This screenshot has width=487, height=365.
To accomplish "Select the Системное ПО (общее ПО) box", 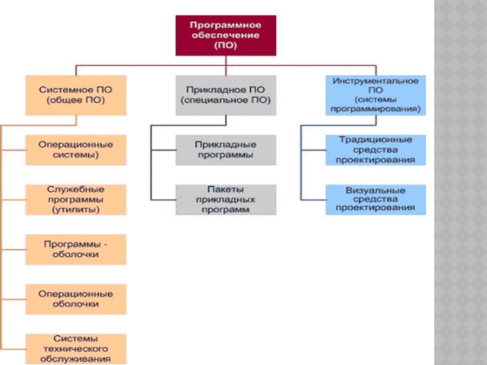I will pyautogui.click(x=75, y=94).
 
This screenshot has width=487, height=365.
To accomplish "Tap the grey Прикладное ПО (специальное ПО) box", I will pyautogui.click(x=226, y=94).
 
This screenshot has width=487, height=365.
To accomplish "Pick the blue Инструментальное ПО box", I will pyautogui.click(x=376, y=95).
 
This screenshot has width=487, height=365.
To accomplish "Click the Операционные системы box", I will pyautogui.click(x=75, y=150).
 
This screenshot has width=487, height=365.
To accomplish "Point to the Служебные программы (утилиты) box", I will pyautogui.click(x=75, y=200).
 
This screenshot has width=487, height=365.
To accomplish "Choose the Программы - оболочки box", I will pyautogui.click(x=75, y=249).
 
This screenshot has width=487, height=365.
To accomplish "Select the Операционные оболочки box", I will pyautogui.click(x=75, y=298).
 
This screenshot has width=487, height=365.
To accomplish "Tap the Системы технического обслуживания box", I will pyautogui.click(x=75, y=349).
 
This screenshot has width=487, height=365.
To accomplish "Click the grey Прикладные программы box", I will pyautogui.click(x=225, y=150).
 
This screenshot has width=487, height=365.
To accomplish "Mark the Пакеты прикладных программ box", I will pyautogui.click(x=225, y=200).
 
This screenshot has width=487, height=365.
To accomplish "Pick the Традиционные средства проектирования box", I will pyautogui.click(x=376, y=150).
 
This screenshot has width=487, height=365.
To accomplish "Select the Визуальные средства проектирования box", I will pyautogui.click(x=376, y=199).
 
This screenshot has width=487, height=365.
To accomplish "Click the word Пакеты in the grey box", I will pyautogui.click(x=225, y=190).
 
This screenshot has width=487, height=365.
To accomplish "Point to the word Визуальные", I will pyautogui.click(x=376, y=189).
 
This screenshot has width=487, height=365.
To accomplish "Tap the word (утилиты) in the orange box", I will pyautogui.click(x=75, y=209).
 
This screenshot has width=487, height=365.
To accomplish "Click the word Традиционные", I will pyautogui.click(x=376, y=140).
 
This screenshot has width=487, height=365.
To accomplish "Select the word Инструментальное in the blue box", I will pyautogui.click(x=376, y=80).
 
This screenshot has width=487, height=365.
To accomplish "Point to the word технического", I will pyautogui.click(x=75, y=349).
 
